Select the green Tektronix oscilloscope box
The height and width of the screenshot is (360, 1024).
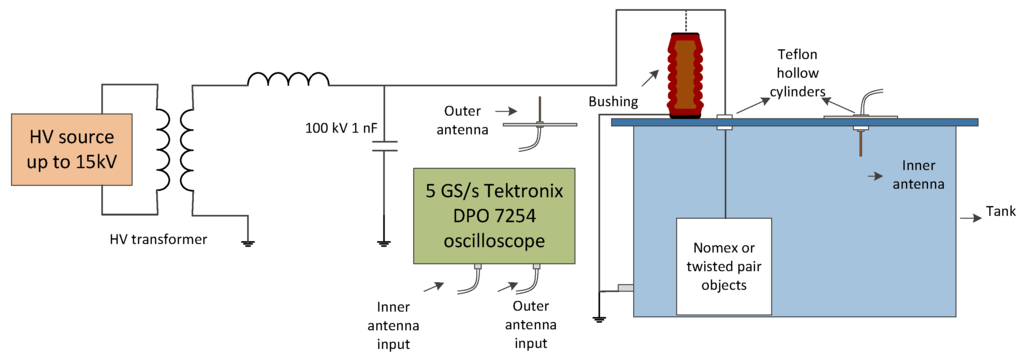click(495, 216)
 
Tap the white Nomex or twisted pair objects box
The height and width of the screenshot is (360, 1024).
click(723, 266)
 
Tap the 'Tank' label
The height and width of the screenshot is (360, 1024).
click(1000, 212)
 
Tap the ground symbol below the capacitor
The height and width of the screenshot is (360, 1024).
click(383, 242)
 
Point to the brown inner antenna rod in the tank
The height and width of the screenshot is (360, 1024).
click(859, 145)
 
